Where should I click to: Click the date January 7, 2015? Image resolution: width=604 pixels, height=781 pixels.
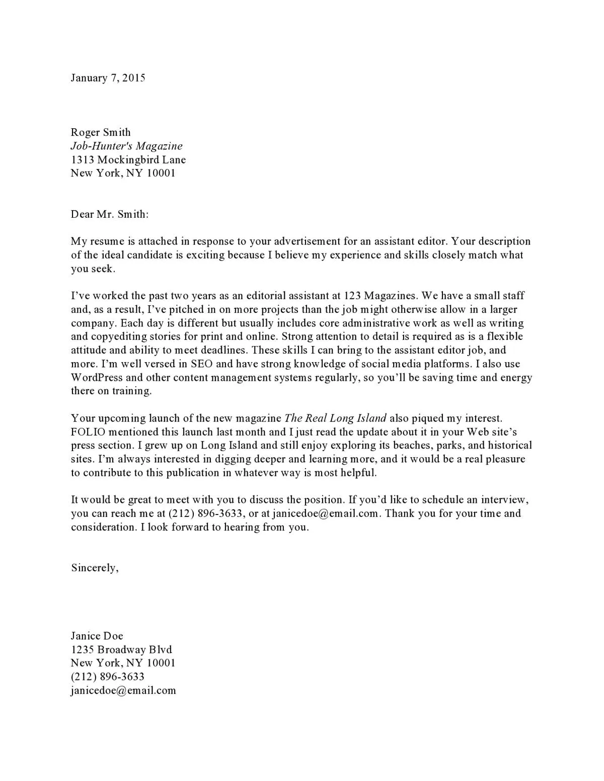tap(108, 78)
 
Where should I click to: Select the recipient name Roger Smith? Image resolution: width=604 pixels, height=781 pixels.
tap(101, 132)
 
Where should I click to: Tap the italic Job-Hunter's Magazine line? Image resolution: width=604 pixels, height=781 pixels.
tap(126, 146)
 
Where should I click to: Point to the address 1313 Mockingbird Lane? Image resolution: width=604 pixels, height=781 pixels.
tap(128, 160)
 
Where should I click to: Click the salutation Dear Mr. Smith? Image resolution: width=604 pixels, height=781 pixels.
tap(110, 214)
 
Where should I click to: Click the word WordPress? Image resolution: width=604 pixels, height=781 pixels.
tap(97, 378)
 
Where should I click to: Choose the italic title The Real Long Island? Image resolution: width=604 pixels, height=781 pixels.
tap(335, 418)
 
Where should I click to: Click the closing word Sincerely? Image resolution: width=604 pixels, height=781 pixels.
tap(95, 568)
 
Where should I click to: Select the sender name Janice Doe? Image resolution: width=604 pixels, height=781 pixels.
tap(97, 636)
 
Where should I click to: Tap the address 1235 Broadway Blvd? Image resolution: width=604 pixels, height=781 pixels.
tap(121, 649)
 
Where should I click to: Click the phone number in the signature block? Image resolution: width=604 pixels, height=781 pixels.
tap(108, 677)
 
